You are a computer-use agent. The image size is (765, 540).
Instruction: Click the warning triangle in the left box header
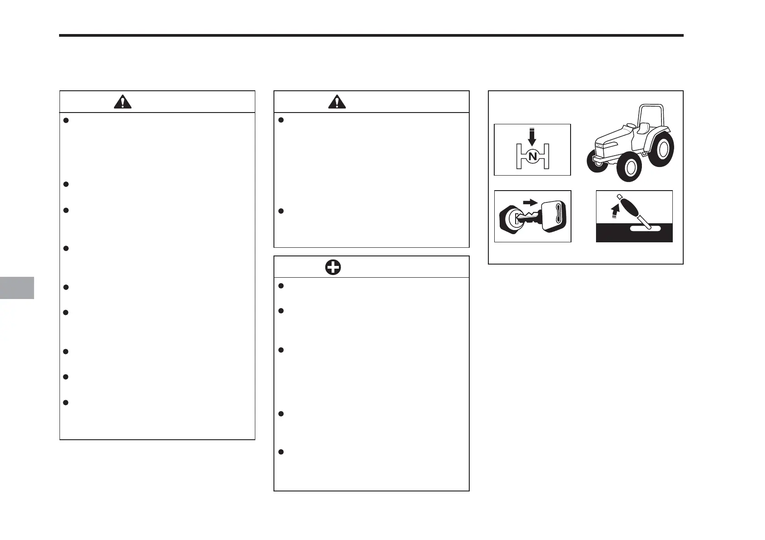pyautogui.click(x=123, y=102)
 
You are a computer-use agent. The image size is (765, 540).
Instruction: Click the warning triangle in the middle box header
pyautogui.click(x=337, y=102)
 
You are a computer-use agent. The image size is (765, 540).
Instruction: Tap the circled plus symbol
pyautogui.click(x=333, y=267)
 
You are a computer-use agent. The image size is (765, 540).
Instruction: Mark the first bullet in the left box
pyautogui.click(x=66, y=120)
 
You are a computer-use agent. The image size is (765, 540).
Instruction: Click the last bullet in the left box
pyautogui.click(x=66, y=403)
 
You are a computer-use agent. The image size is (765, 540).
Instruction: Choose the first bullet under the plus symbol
pyautogui.click(x=280, y=286)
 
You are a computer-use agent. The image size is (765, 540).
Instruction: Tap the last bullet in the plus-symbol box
pyautogui.click(x=280, y=452)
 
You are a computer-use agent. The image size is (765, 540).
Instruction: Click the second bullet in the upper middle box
pyautogui.click(x=280, y=211)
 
